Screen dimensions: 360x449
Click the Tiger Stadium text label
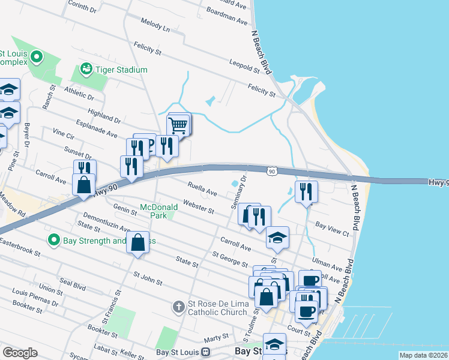click(x=123, y=70)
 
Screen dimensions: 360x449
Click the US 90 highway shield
click(x=272, y=172)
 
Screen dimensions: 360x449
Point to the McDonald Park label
click(x=158, y=211)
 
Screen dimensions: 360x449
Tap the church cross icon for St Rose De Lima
click(x=178, y=307)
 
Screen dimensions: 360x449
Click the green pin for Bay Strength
click(x=53, y=241)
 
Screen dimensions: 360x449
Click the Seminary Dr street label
click(x=238, y=192)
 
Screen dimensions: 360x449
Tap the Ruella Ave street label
click(x=202, y=190)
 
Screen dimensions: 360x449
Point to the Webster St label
click(x=199, y=207)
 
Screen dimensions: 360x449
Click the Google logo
click(x=20, y=353)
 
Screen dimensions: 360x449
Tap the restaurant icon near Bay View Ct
click(x=306, y=191)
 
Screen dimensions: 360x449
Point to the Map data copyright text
click(x=423, y=355)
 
